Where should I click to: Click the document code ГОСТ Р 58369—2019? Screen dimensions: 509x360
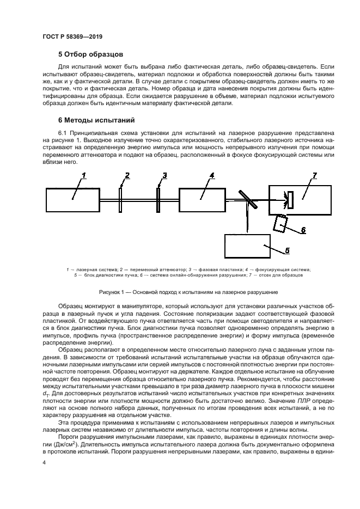point(72,36)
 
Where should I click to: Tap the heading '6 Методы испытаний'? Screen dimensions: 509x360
point(97,120)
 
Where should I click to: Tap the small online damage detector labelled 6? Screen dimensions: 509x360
point(282,223)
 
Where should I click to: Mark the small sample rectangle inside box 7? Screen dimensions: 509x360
point(291,199)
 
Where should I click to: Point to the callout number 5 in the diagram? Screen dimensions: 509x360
point(287,251)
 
